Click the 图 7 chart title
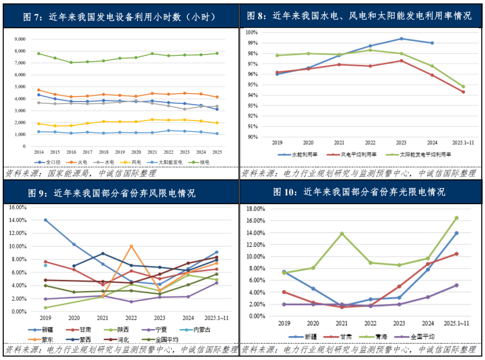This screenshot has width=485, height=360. (x=119, y=17)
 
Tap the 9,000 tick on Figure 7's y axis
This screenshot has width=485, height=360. (x=20, y=39)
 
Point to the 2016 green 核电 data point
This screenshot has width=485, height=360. (x=71, y=62)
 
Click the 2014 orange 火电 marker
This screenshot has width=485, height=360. (x=39, y=90)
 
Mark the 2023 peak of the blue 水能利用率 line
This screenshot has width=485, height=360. (x=401, y=39)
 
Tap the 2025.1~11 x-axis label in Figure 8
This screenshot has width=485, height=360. (x=463, y=142)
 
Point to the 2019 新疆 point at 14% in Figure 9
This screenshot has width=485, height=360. (x=45, y=220)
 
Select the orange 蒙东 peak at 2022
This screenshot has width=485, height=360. (x=131, y=246)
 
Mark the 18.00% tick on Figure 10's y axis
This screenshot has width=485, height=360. (x=256, y=209)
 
